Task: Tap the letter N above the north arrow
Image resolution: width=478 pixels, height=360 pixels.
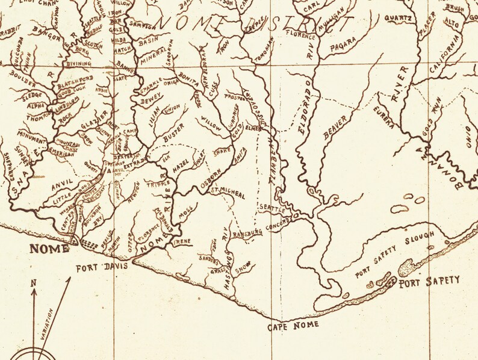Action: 35,283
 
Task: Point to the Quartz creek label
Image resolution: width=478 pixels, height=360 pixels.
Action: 398,18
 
